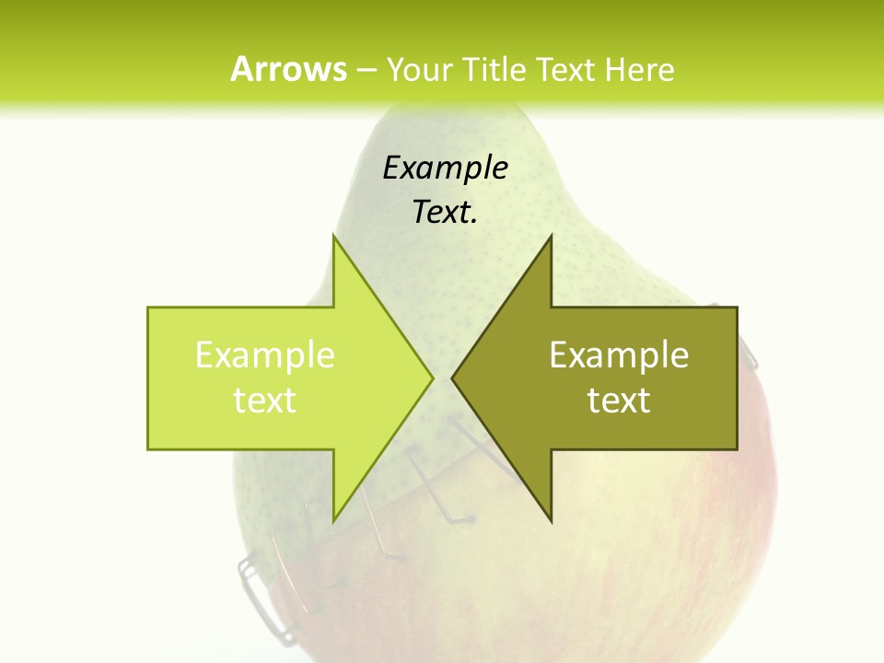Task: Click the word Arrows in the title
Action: tap(288, 69)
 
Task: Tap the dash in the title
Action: tap(366, 70)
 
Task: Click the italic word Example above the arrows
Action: tap(445, 168)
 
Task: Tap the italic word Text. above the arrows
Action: tap(445, 213)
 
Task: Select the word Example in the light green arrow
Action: tap(265, 355)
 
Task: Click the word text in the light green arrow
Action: tap(265, 401)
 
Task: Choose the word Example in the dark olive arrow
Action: tap(619, 355)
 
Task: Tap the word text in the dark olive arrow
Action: tap(619, 401)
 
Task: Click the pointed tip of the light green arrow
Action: tap(432, 378)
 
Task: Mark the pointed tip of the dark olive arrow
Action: tap(453, 378)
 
